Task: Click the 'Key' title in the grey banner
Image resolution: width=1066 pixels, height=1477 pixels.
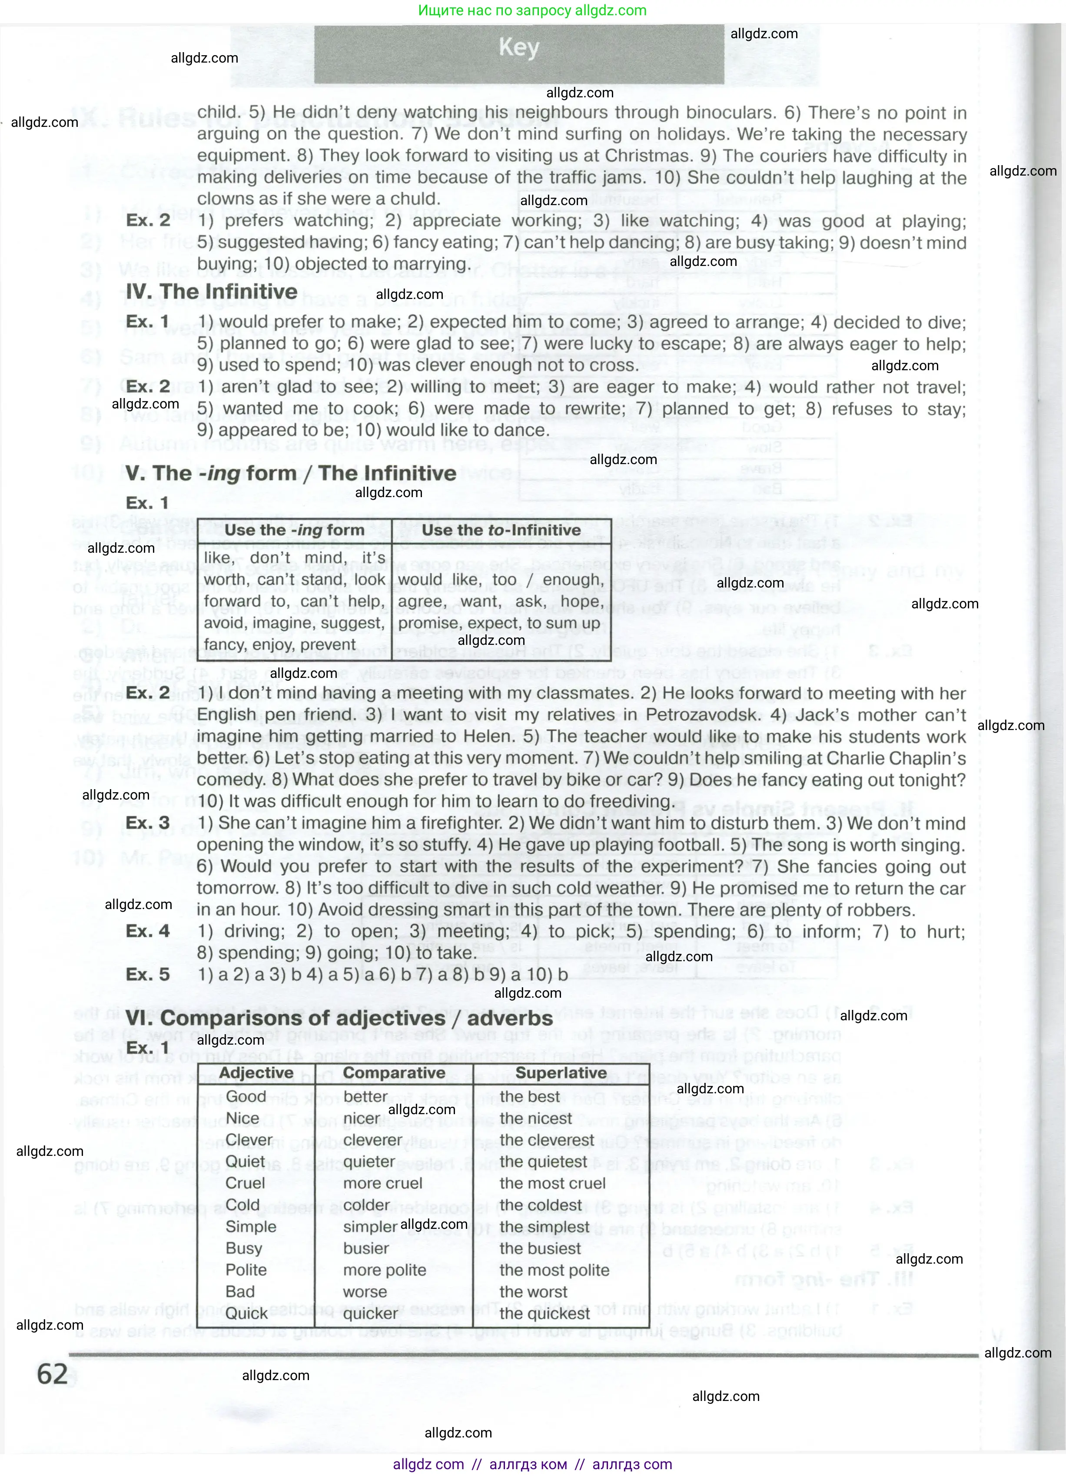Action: click(x=518, y=47)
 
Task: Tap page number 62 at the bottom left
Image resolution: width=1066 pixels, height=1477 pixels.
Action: click(x=52, y=1374)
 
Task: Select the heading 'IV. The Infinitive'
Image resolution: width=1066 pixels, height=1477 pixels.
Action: click(x=211, y=291)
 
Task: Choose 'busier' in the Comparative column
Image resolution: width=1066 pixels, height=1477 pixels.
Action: click(x=366, y=1248)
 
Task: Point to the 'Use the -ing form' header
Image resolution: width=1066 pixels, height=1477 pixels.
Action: click(x=294, y=530)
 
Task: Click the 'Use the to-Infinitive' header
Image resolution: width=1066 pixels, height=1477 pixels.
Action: click(x=501, y=530)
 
